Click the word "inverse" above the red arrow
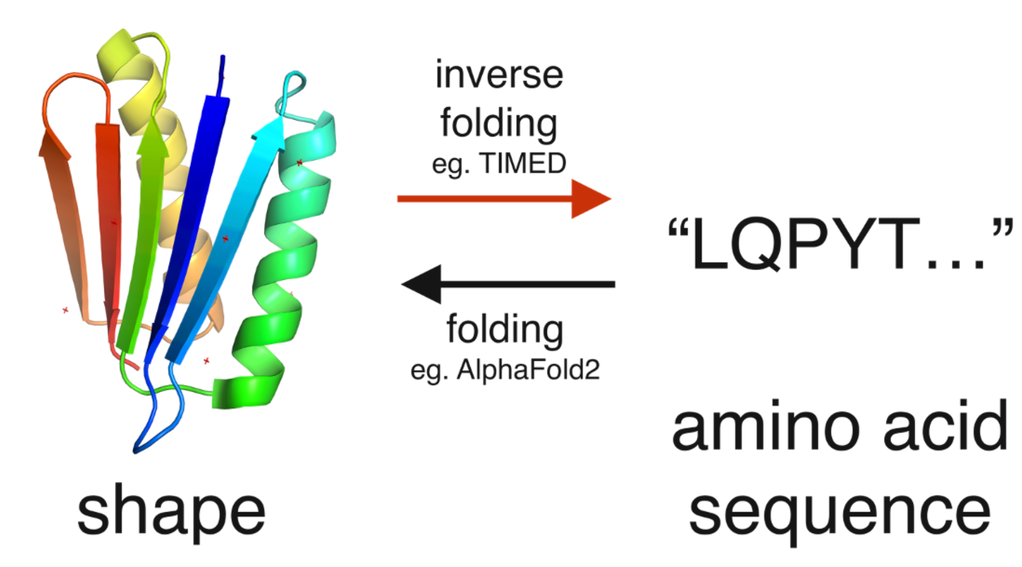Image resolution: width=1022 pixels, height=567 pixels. (499, 75)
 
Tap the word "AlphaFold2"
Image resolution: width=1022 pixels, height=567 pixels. (528, 370)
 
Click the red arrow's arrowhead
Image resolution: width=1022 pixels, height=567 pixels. (591, 198)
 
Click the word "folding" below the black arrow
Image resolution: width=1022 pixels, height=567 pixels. (505, 330)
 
